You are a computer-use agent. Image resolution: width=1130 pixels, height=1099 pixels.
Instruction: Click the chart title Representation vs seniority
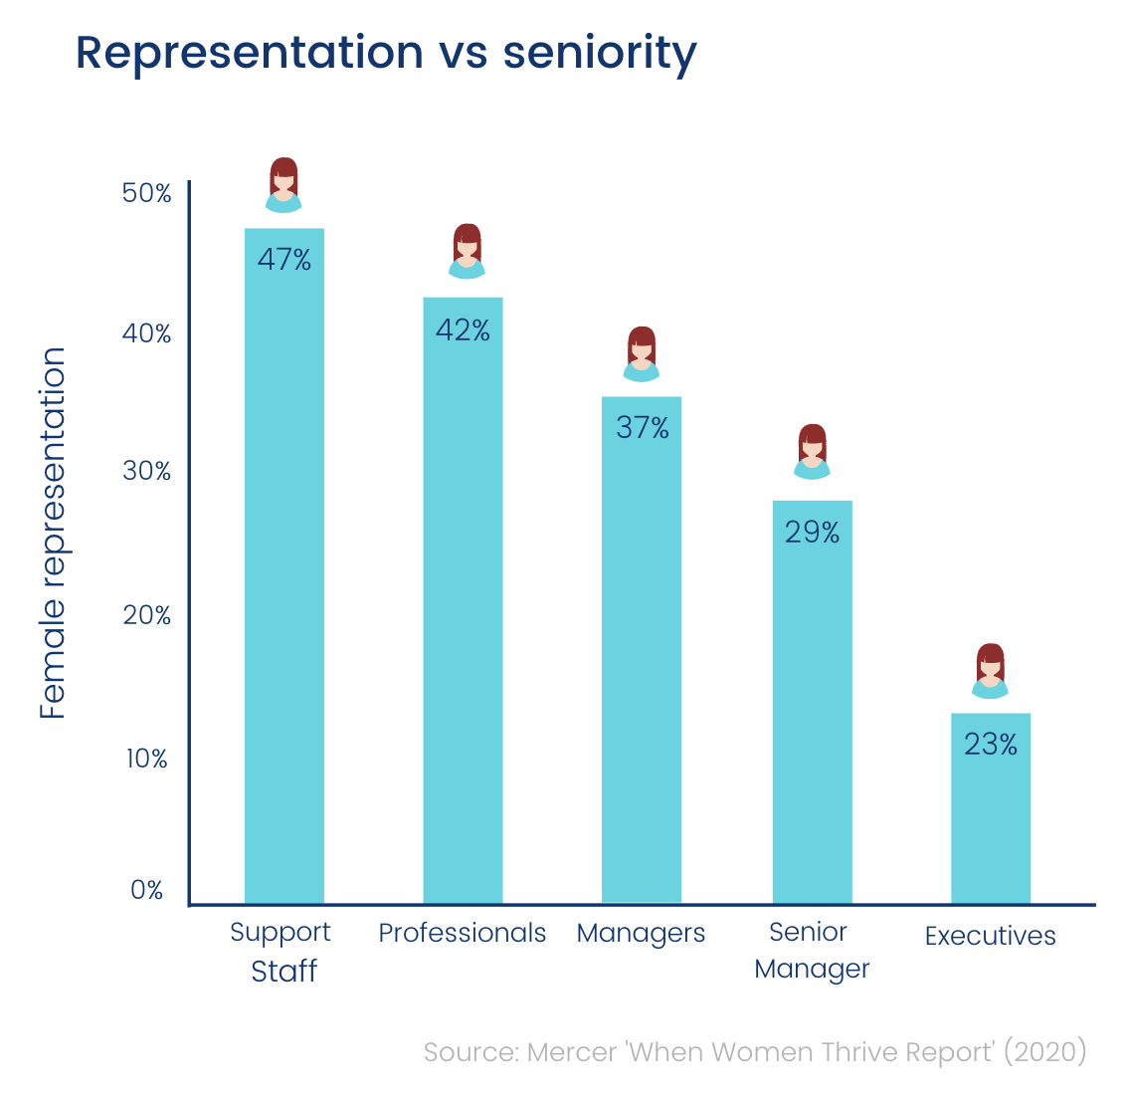click(x=386, y=53)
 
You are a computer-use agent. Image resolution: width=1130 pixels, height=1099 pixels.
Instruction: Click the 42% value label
click(x=464, y=330)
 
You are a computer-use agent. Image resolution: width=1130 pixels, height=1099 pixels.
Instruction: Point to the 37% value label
click(x=643, y=428)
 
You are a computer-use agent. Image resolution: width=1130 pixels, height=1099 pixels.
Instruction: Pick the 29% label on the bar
click(x=813, y=533)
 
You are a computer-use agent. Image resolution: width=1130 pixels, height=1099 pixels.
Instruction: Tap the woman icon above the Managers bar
click(x=642, y=353)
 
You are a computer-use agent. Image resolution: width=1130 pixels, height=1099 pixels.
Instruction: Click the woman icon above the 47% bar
click(x=284, y=185)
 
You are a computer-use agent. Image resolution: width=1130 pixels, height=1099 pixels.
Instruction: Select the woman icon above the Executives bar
click(x=990, y=671)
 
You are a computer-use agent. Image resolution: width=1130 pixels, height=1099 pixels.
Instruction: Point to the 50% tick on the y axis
click(x=147, y=193)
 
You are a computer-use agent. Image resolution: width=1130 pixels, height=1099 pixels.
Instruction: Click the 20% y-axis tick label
click(x=147, y=615)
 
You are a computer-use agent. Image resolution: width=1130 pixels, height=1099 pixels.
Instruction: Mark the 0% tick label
click(x=147, y=890)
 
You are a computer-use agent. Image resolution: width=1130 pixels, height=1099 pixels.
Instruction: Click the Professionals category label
click(x=463, y=933)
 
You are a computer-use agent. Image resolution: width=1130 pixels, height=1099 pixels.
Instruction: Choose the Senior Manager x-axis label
click(x=812, y=951)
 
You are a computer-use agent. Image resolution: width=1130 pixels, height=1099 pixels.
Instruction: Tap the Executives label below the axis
click(x=991, y=936)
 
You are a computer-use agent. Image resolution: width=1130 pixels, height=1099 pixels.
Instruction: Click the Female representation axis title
click(x=53, y=533)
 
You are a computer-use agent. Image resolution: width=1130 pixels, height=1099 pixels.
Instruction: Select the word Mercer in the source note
click(x=571, y=1052)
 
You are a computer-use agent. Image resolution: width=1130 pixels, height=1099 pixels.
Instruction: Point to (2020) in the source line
click(x=1043, y=1052)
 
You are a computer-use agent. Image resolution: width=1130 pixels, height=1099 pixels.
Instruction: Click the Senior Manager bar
click(x=813, y=717)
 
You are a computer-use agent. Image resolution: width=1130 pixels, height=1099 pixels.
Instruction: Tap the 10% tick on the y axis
click(x=147, y=759)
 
